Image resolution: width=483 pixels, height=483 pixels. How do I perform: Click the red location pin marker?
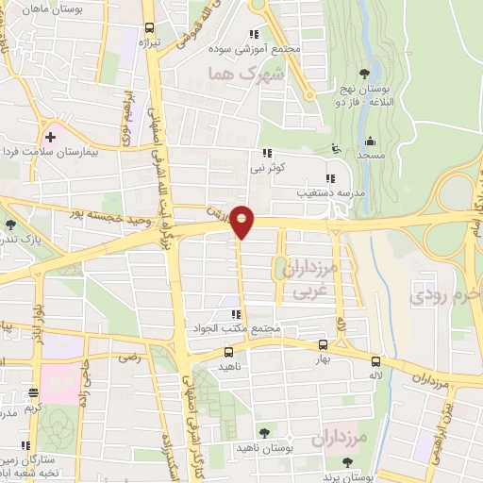tap(242, 221)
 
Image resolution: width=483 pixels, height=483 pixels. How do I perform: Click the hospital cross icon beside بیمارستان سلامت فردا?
tap(51, 138)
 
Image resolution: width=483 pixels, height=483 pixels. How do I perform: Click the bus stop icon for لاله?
tap(376, 361)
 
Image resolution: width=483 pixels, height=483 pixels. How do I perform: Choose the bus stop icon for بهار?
tap(324, 346)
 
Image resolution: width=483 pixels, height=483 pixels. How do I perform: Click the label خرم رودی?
tap(444, 295)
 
